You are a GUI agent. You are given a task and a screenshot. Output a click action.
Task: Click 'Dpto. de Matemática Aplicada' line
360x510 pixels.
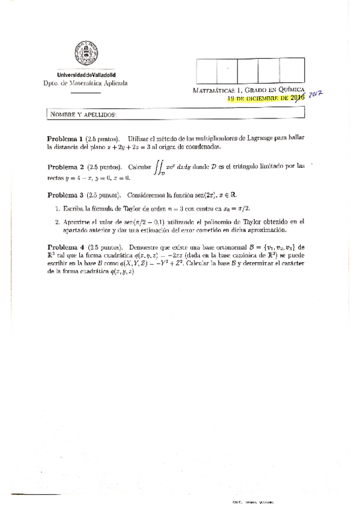[85, 83]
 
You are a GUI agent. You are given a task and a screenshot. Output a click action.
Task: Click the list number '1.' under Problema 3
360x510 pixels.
[56, 207]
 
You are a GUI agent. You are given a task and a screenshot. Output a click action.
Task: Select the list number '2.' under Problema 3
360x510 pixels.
[56, 221]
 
